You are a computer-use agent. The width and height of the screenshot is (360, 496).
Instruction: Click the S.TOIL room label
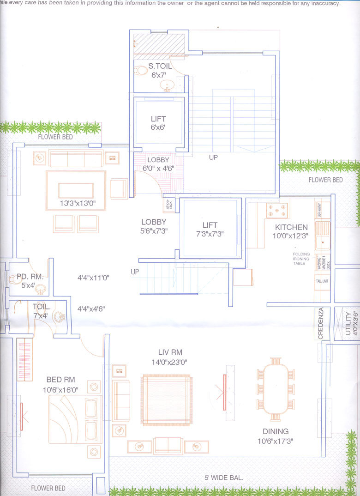pos(160,66)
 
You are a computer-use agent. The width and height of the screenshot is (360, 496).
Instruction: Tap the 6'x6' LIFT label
pos(158,118)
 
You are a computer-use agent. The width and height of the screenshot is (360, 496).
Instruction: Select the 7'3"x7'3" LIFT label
pos(210,225)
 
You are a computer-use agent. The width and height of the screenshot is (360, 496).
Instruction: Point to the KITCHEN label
pos(291,227)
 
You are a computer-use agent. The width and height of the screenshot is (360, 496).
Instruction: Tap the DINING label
pos(275,432)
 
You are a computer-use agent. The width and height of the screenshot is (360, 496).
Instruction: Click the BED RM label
pos(60,380)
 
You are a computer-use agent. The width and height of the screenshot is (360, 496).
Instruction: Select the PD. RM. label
pos(30,277)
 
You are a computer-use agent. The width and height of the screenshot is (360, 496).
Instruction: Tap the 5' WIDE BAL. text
pos(223,478)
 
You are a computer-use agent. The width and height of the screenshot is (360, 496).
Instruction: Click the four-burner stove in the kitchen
pos(276,210)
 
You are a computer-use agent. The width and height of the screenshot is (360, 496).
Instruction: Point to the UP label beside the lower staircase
pos(135,272)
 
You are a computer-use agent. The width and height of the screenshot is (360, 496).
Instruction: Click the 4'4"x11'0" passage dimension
pos(93,278)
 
